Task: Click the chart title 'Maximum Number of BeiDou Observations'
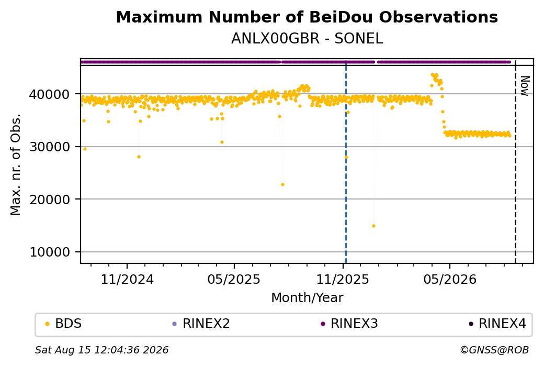click(x=307, y=17)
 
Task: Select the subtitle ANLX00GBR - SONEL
click(x=307, y=39)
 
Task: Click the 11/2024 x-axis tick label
click(x=127, y=279)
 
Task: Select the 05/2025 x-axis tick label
click(x=234, y=279)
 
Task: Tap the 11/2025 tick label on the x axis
click(x=343, y=279)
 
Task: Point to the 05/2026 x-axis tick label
click(x=450, y=279)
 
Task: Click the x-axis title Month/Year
click(x=307, y=297)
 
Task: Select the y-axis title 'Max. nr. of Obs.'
click(x=16, y=164)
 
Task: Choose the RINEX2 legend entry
click(x=201, y=324)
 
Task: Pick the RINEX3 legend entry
click(x=349, y=324)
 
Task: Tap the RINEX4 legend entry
click(x=497, y=324)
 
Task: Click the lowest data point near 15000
click(x=373, y=226)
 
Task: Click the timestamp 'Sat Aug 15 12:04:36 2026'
click(x=101, y=350)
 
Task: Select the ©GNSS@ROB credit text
click(x=494, y=350)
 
